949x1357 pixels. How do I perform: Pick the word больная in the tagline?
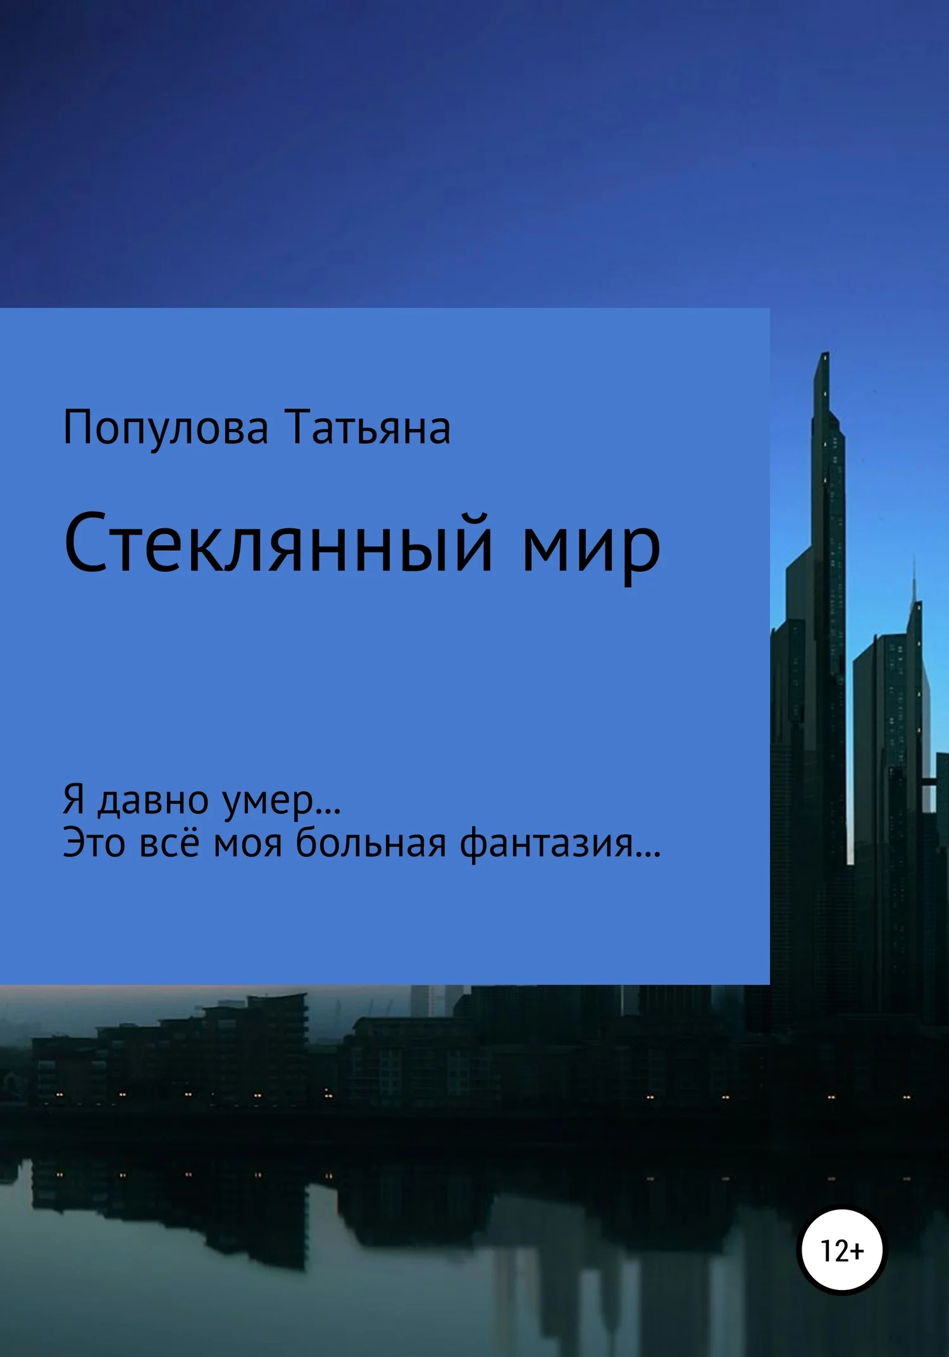point(371,843)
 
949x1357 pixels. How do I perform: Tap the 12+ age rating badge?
point(841,1251)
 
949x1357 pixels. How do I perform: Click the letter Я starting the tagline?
point(74,800)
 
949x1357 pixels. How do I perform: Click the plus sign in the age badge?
point(857,1251)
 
